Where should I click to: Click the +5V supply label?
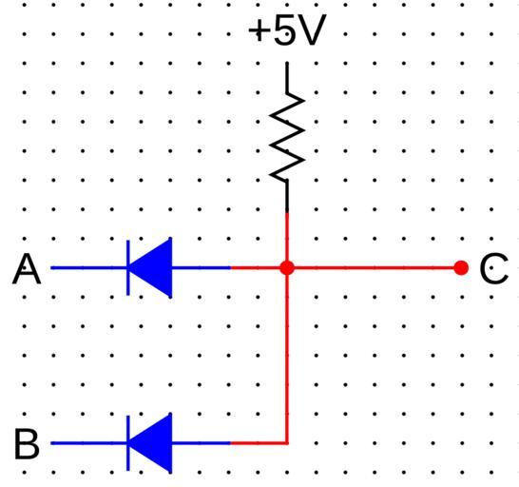pyautogui.click(x=287, y=29)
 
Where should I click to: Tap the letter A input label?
pyautogui.click(x=27, y=269)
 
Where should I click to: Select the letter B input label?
pyautogui.click(x=27, y=443)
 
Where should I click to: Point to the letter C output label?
pyautogui.click(x=494, y=268)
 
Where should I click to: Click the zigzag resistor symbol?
pyautogui.click(x=287, y=136)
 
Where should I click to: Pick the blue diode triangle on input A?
pyautogui.click(x=150, y=267)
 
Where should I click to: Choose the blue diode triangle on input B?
pyautogui.click(x=150, y=442)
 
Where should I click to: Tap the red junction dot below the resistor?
pyautogui.click(x=287, y=267)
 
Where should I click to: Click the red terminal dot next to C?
pyautogui.click(x=461, y=267)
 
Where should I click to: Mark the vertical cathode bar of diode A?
pyautogui.click(x=128, y=267)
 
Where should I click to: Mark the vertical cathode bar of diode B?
pyautogui.click(x=128, y=443)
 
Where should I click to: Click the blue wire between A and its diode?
pyautogui.click(x=88, y=267)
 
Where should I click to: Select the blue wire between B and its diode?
pyautogui.click(x=88, y=443)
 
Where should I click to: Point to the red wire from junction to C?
pyautogui.click(x=374, y=267)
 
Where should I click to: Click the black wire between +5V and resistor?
pyautogui.click(x=287, y=76)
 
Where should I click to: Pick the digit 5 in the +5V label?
pyautogui.click(x=284, y=30)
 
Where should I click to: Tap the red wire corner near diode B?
pyautogui.click(x=287, y=443)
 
